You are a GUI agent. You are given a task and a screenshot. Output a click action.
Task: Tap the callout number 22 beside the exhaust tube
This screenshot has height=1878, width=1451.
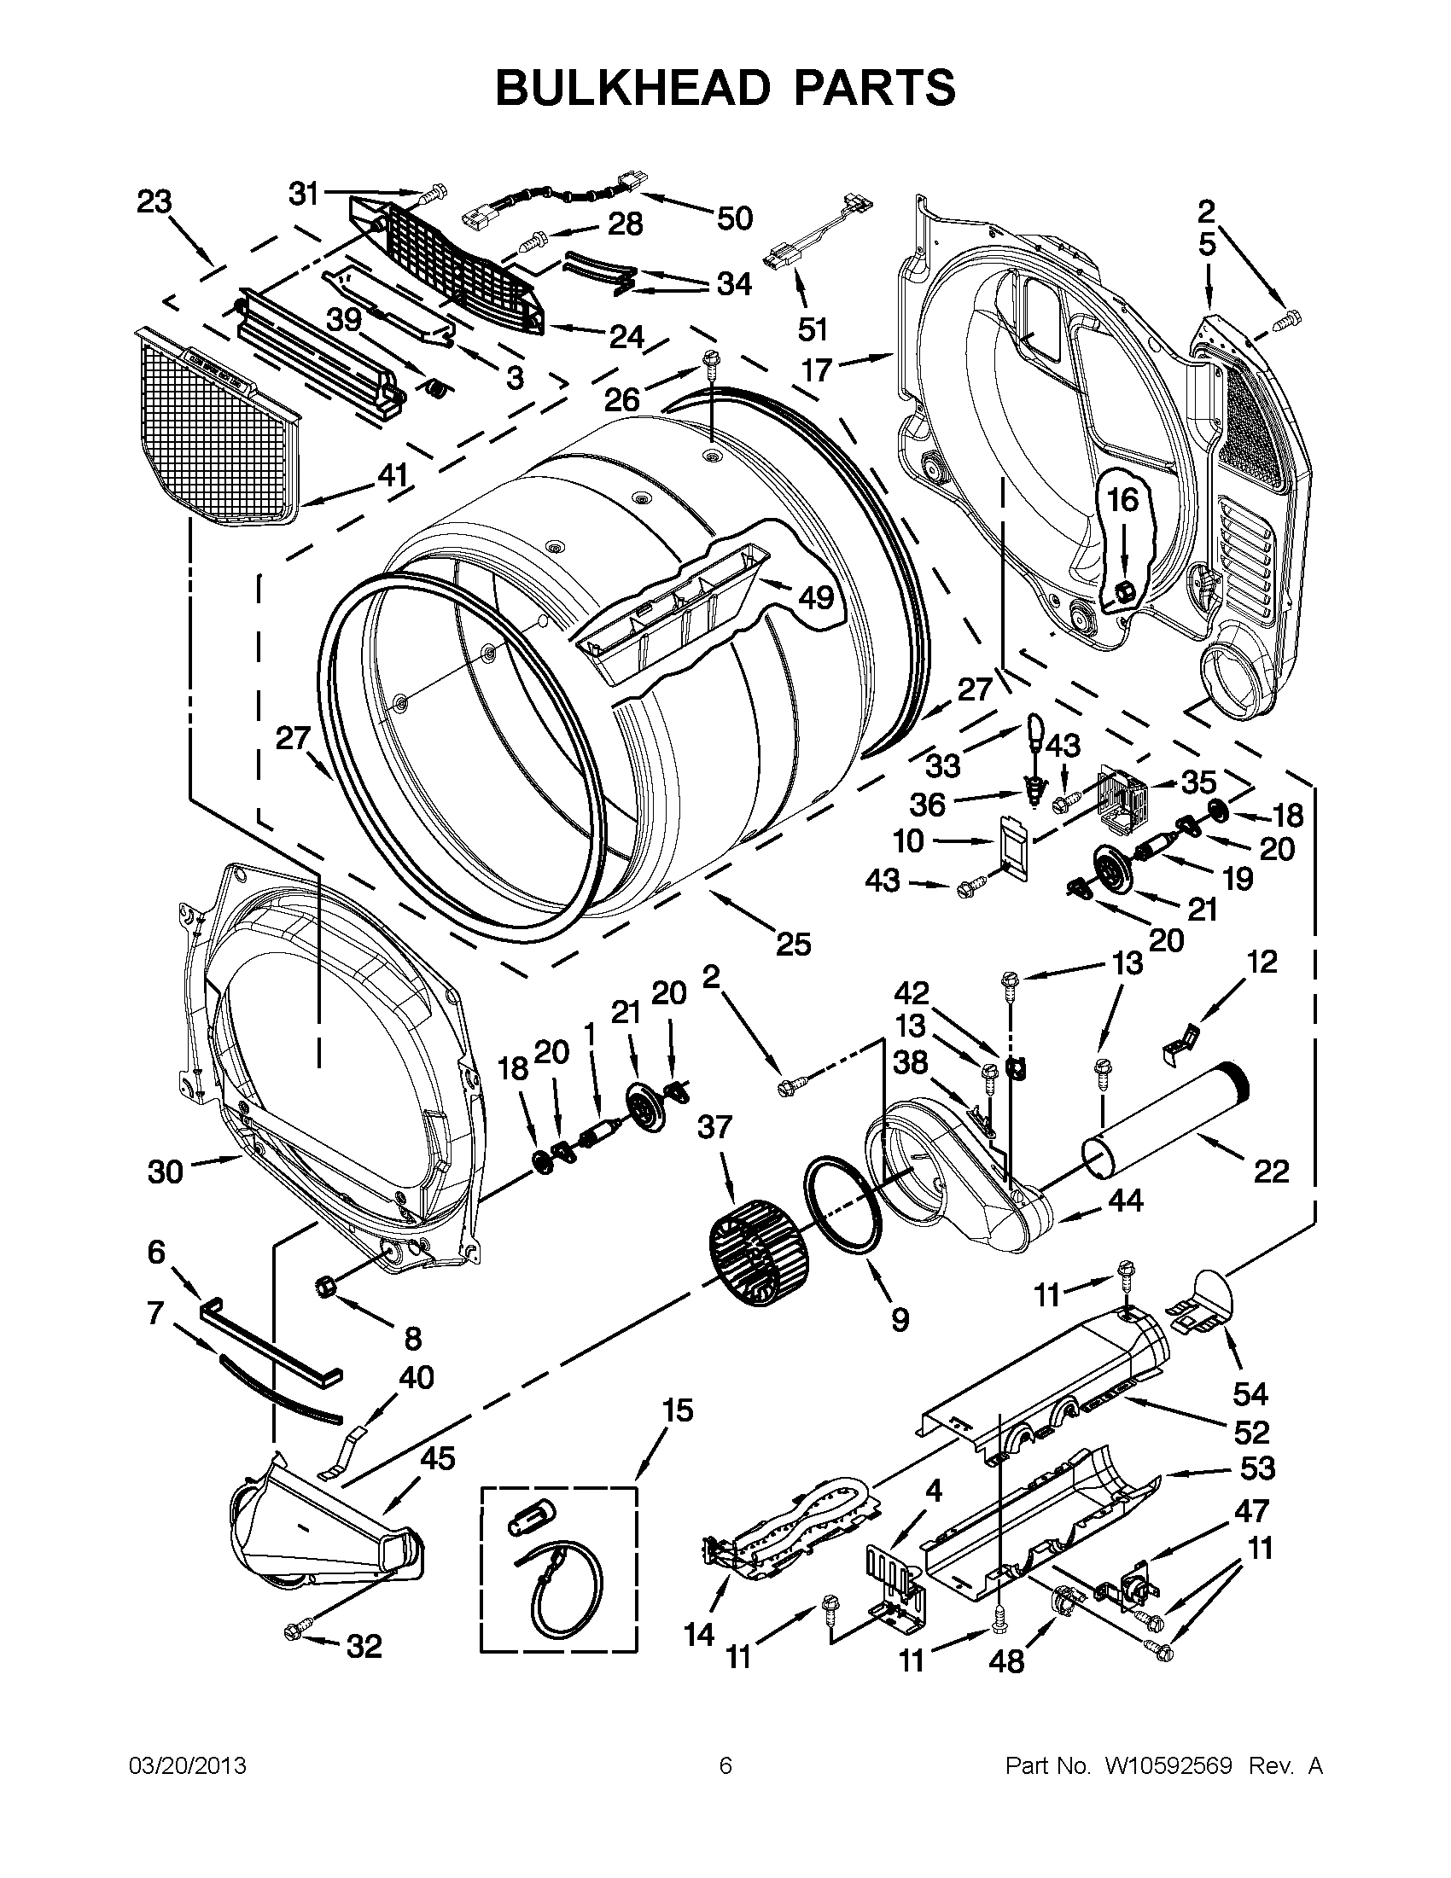(x=1271, y=1172)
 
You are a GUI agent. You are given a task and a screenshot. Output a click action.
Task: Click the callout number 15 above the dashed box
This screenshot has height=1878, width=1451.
(x=678, y=1410)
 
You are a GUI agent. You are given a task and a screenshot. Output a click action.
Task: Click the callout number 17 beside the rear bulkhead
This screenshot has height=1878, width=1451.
(x=817, y=369)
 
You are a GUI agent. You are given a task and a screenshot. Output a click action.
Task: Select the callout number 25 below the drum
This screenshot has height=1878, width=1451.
(x=793, y=945)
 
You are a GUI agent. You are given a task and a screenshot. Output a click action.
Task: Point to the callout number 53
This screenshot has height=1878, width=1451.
(x=1257, y=1468)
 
